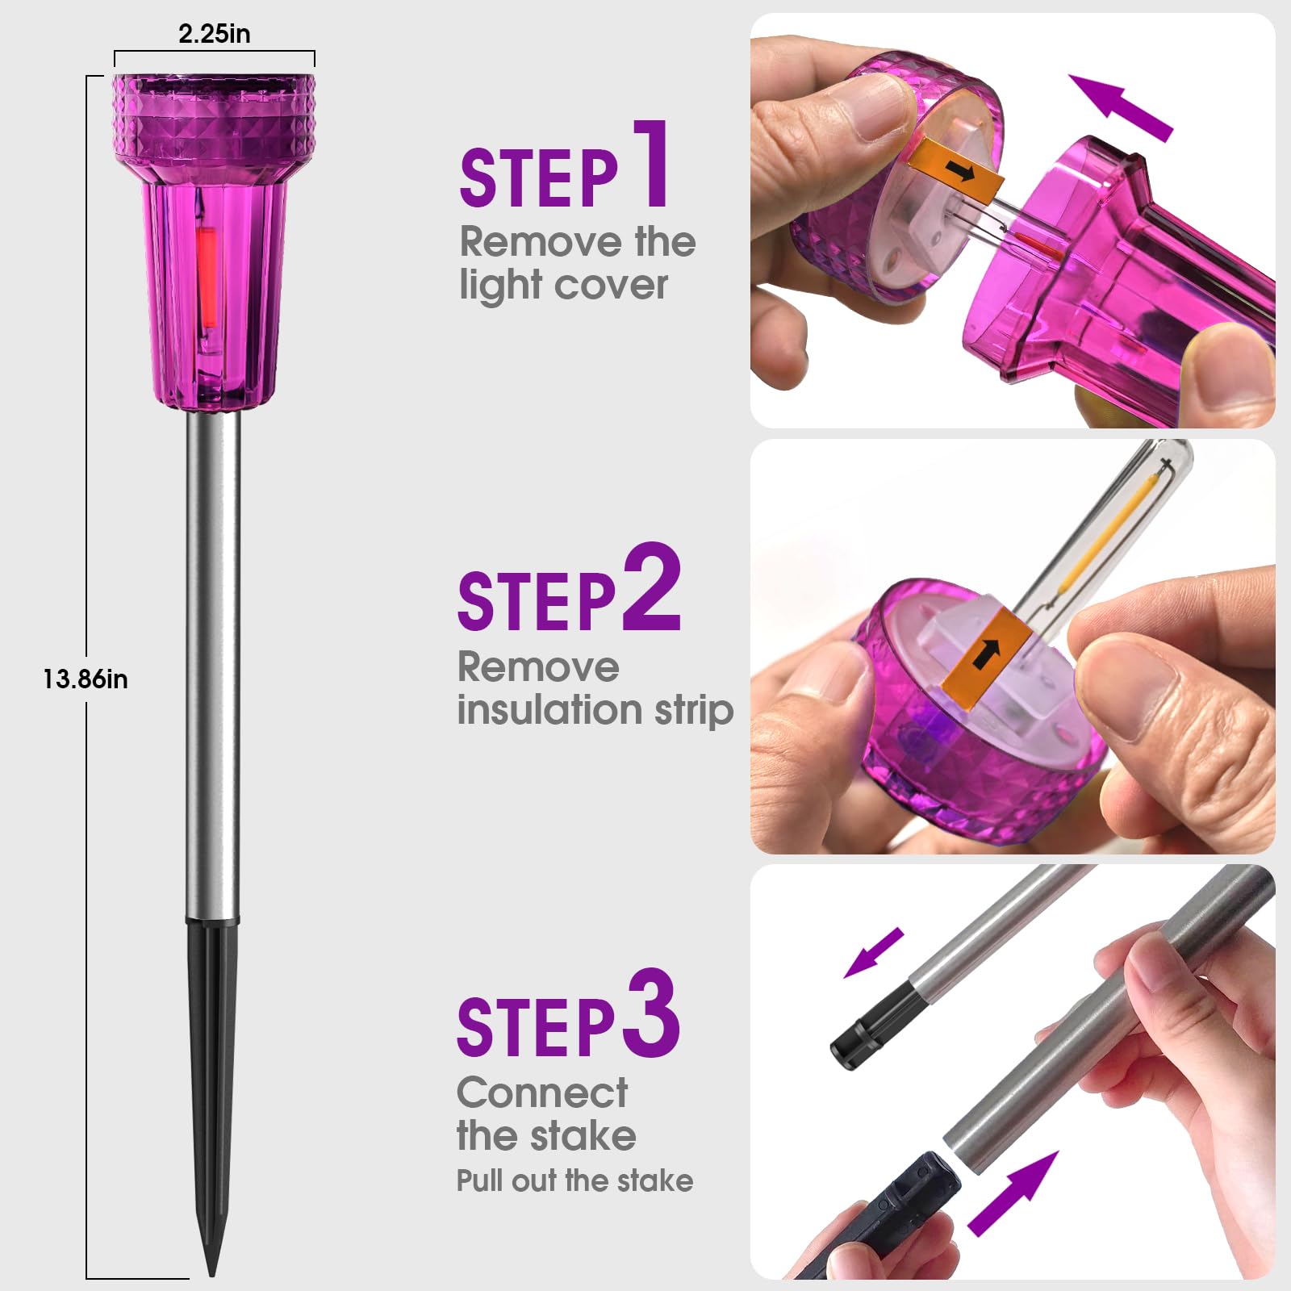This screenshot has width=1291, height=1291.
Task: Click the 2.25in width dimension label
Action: coord(214,34)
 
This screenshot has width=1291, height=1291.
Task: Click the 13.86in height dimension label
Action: coord(86,679)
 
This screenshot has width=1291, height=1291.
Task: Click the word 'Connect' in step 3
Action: coord(542,1093)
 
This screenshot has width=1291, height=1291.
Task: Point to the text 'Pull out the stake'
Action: coord(574,1180)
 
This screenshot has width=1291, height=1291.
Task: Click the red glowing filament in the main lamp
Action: coord(207,277)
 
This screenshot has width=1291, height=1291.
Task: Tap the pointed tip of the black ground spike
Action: coord(212,1275)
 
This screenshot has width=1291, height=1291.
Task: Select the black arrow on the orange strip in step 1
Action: coord(960,170)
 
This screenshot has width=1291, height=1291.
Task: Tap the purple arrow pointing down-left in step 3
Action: coord(874,952)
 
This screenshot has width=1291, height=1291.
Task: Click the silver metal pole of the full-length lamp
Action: coord(213,666)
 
